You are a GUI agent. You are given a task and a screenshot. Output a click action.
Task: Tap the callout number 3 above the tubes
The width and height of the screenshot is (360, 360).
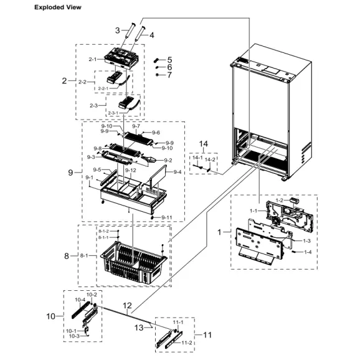(117, 30)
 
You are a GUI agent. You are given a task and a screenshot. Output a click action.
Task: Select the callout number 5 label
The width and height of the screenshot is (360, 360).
(169, 59)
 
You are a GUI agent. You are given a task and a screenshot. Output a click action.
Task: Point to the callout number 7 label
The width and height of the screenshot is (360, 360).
(169, 75)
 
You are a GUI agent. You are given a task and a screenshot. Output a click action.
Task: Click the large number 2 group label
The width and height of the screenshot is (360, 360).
(64, 81)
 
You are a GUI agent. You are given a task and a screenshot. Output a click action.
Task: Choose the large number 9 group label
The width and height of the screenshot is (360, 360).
(70, 171)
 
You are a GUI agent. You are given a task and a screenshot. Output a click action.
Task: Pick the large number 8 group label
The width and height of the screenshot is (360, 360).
(67, 255)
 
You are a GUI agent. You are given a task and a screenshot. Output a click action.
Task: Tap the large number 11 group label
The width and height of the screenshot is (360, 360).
(207, 334)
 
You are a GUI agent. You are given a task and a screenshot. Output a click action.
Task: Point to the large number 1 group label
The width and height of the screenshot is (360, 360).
(219, 232)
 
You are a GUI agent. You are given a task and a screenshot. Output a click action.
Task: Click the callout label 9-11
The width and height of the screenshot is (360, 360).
(166, 217)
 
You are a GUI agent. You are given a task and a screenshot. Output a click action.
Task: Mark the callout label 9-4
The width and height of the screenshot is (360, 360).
(177, 171)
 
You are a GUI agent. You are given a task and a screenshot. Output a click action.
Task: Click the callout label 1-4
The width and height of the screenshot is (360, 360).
(308, 252)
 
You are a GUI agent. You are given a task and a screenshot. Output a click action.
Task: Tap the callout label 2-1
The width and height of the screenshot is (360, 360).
(93, 59)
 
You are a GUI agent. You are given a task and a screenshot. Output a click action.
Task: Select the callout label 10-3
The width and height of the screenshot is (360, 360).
(73, 336)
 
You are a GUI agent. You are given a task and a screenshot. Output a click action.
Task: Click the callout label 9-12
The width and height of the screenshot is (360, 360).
(131, 170)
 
